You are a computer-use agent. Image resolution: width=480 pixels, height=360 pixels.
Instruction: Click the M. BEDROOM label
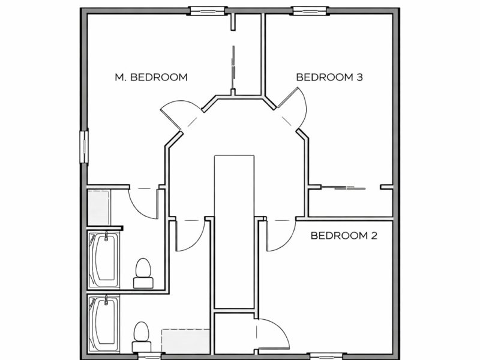click(151, 77)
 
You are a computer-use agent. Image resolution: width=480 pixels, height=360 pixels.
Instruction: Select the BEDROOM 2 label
click(343, 236)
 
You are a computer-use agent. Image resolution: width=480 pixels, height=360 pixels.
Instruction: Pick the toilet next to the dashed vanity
click(141, 337)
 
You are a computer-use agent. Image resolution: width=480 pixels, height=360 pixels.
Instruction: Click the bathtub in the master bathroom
click(103, 260)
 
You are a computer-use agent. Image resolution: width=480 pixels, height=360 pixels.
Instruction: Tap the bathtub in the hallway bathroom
click(103, 324)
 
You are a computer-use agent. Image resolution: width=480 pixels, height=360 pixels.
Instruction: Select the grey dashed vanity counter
click(186, 340)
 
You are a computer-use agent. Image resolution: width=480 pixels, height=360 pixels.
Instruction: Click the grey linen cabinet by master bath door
click(98, 207)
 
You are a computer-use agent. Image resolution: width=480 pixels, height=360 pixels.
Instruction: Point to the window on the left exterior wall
click(84, 146)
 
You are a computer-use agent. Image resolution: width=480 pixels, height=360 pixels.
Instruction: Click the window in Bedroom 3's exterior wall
click(310, 10)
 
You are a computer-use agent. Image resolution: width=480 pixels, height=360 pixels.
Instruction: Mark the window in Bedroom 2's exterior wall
click(326, 355)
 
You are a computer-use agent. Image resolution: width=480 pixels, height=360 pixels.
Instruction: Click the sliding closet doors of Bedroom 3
click(343, 188)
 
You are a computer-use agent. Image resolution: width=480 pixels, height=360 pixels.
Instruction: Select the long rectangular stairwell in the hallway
click(234, 231)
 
